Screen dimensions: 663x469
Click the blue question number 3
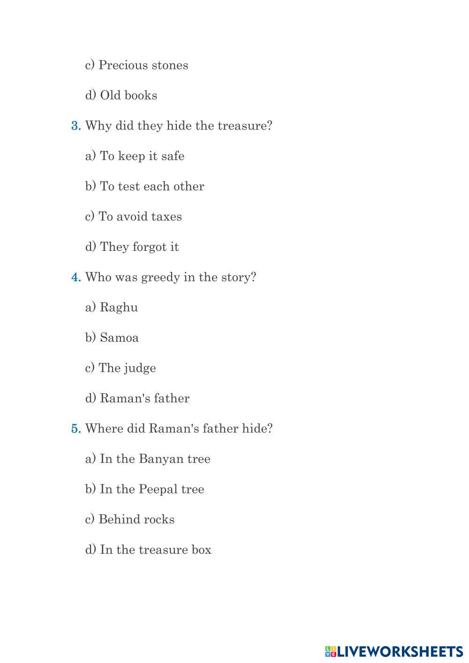(76, 126)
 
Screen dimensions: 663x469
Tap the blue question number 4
(76, 277)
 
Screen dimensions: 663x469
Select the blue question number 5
(76, 429)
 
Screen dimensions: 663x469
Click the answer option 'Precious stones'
(136, 65)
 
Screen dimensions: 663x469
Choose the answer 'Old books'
(121, 95)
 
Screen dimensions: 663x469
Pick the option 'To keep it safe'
(135, 156)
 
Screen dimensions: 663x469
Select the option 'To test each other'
(144, 186)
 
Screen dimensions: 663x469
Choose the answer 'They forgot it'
(132, 247)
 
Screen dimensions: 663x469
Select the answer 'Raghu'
(112, 308)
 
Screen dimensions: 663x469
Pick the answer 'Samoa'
(112, 338)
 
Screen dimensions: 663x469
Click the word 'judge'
(140, 369)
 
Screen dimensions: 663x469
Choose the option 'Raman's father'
(137, 398)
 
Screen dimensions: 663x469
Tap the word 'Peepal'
(159, 489)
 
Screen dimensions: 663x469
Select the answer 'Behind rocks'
(129, 519)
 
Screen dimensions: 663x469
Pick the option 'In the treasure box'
(148, 550)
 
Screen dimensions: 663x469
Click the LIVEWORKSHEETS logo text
(400, 651)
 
